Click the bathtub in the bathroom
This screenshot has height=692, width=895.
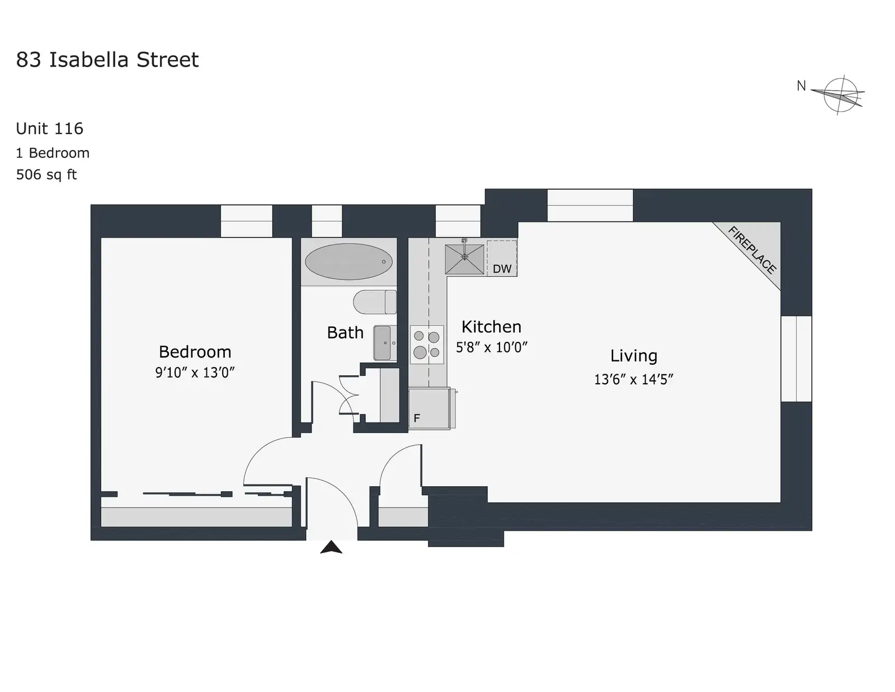(348, 262)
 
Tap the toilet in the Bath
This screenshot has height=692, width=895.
(375, 302)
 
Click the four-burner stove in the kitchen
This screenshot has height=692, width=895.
(427, 345)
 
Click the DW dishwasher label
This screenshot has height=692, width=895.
(502, 269)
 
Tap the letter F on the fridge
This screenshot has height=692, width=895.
(417, 418)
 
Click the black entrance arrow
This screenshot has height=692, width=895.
(331, 548)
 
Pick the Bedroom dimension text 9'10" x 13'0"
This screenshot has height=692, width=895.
(195, 373)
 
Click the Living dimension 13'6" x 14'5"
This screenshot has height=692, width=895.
(633, 379)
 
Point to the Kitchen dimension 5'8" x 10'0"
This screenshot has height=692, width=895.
(491, 347)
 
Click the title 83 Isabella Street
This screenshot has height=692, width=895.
(107, 60)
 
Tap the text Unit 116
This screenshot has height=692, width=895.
(49, 129)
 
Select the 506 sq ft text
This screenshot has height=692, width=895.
(46, 175)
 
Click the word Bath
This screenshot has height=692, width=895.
(345, 332)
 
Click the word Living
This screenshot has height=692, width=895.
(633, 356)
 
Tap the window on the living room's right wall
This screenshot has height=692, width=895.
(797, 359)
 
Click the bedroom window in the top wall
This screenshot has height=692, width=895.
(246, 221)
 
